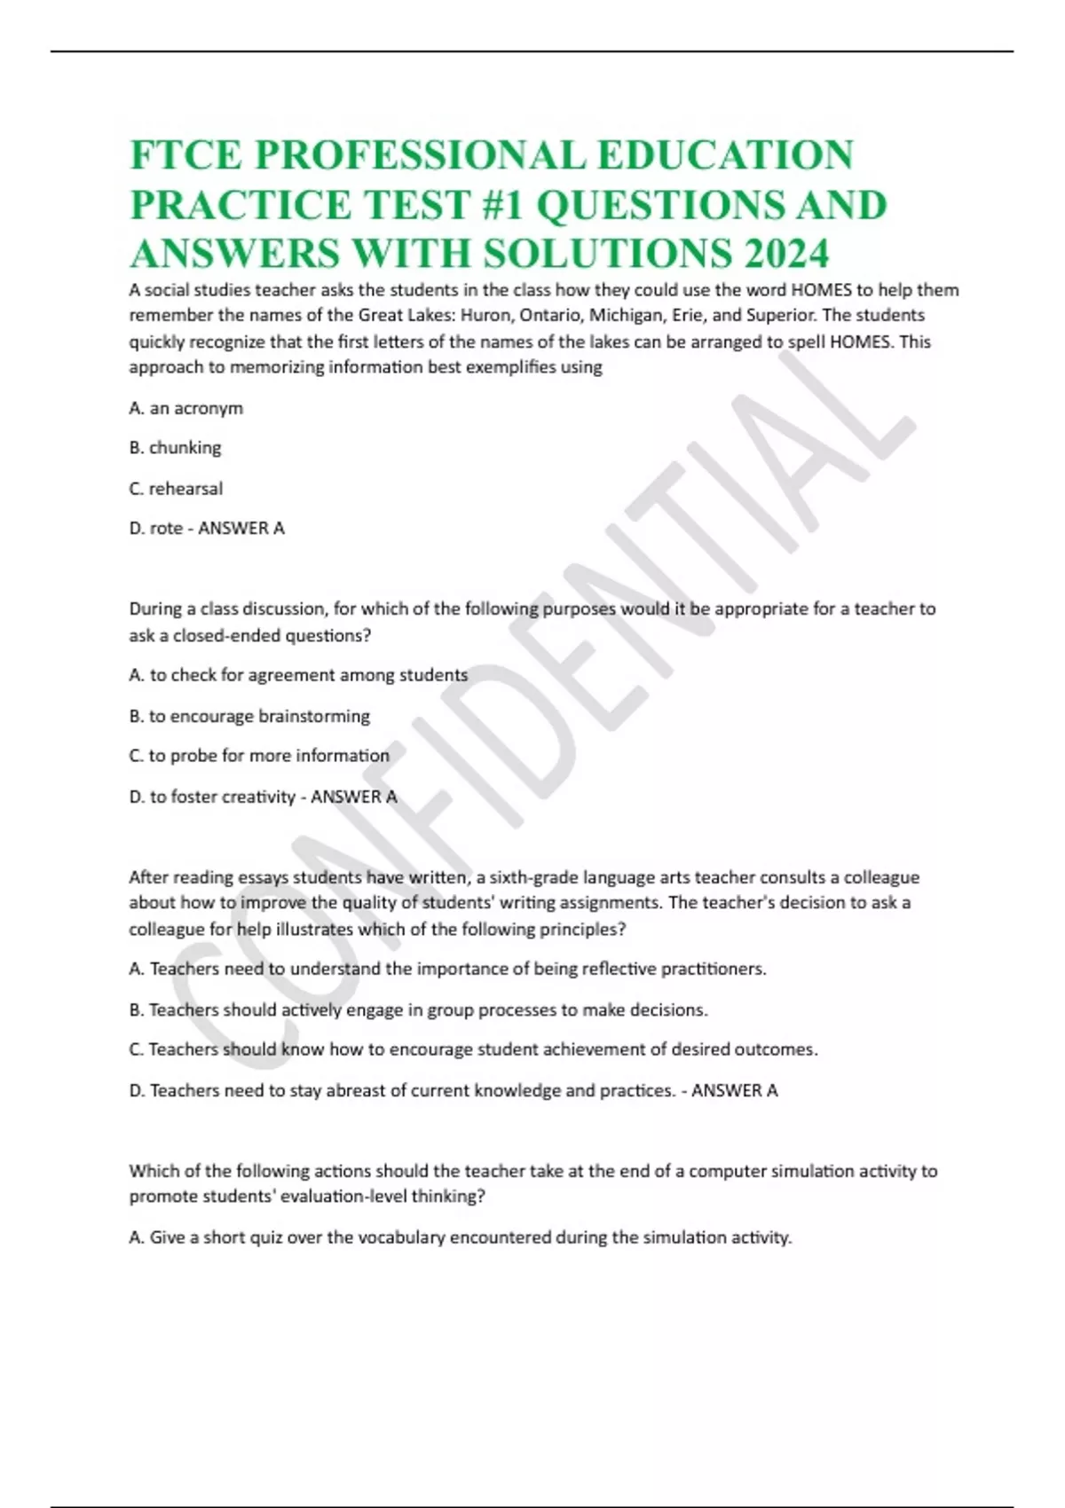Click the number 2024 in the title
coord(786,254)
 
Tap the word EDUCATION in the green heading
coord(725,154)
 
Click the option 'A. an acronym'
coord(185,408)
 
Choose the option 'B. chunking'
coord(175,448)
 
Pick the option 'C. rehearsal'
coord(176,488)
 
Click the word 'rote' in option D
coord(166,529)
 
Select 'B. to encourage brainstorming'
coord(249,716)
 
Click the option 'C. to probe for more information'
coord(259,756)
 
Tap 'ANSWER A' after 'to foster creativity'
coord(353,797)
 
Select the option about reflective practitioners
coord(447,969)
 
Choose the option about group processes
coord(418,1009)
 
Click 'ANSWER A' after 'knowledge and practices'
coord(734,1090)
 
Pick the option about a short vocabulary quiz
coord(460,1237)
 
